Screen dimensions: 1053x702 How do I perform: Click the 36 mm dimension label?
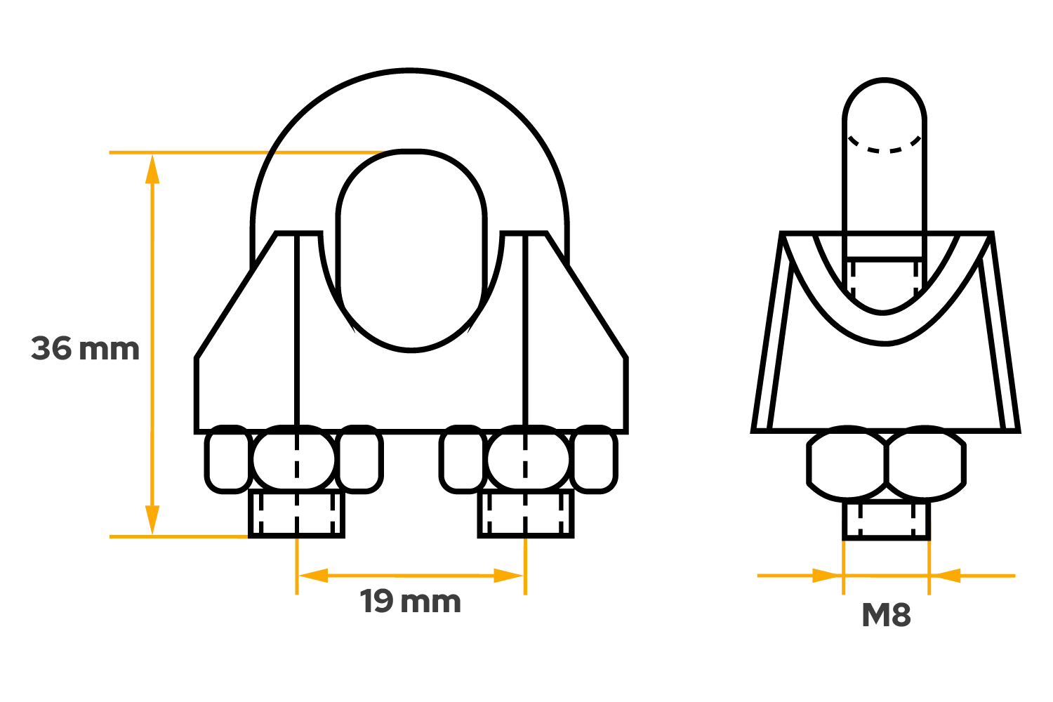click(85, 349)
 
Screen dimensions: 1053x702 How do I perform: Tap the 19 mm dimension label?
click(411, 602)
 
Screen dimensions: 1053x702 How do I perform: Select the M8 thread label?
click(886, 614)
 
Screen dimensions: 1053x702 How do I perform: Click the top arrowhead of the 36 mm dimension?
click(152, 169)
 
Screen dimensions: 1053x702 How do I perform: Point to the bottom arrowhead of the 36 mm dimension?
click(152, 520)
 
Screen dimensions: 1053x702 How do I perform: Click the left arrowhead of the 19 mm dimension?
click(313, 576)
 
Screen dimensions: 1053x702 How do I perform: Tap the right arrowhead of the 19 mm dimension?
click(508, 576)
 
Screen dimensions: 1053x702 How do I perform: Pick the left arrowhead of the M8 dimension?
click(827, 576)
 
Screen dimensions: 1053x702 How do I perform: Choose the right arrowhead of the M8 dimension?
click(946, 576)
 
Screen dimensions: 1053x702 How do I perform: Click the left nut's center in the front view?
click(294, 458)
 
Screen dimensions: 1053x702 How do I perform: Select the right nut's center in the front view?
click(529, 458)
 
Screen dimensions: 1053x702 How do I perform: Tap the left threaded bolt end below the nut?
click(297, 514)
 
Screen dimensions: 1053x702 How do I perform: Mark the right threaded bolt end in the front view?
click(526, 514)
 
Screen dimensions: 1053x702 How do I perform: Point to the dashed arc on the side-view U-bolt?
click(885, 147)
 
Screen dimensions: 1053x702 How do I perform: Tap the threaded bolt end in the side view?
click(886, 521)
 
